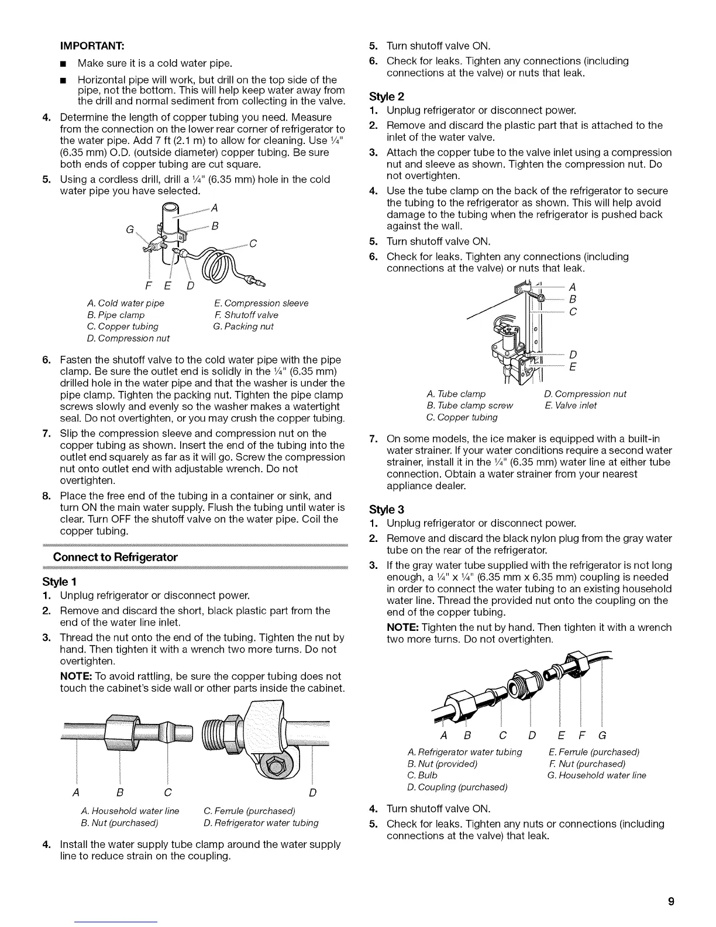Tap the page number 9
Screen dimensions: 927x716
672,901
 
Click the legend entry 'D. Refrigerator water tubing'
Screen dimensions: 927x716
261,823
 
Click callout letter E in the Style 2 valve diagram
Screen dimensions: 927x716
573,367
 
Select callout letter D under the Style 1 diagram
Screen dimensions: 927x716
313,793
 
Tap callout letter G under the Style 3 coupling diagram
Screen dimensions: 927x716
602,736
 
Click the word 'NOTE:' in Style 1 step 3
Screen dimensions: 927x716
74,677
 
